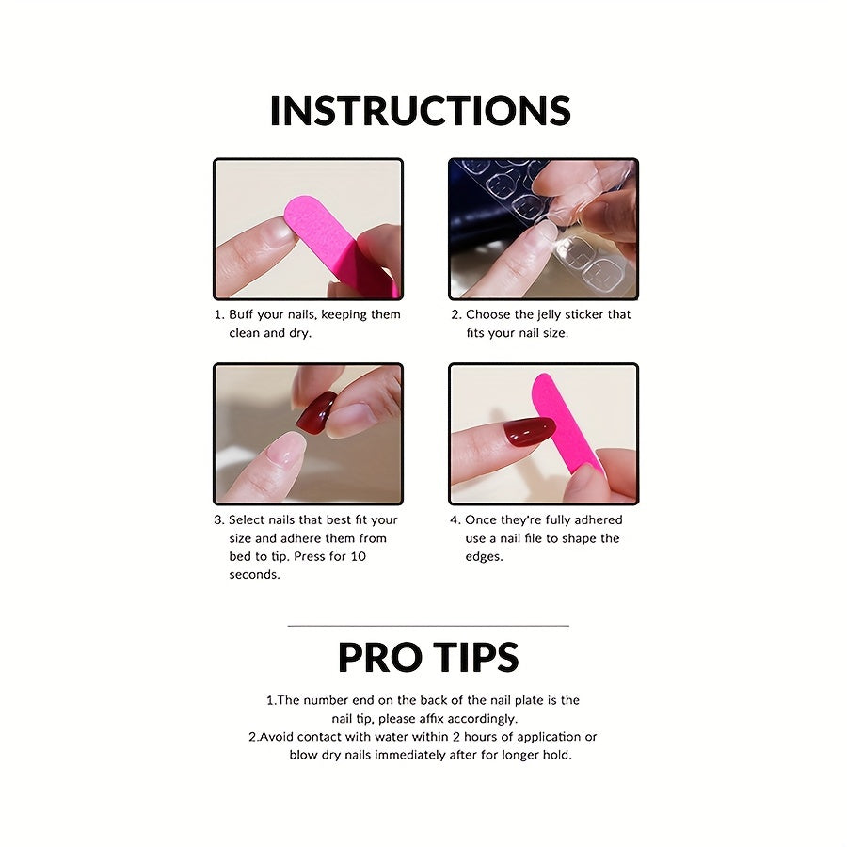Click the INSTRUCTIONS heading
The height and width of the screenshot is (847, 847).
420,110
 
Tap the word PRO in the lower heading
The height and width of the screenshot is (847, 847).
379,658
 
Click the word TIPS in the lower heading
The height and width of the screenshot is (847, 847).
476,658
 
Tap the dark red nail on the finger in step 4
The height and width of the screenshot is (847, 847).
528,432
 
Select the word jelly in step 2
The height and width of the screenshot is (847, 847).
555,314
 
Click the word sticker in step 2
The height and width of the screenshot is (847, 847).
594,314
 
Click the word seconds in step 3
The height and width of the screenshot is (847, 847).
254,574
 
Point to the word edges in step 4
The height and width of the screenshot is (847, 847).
484,556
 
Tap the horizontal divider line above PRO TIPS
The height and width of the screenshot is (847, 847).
427,625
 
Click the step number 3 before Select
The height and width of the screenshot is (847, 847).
218,520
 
